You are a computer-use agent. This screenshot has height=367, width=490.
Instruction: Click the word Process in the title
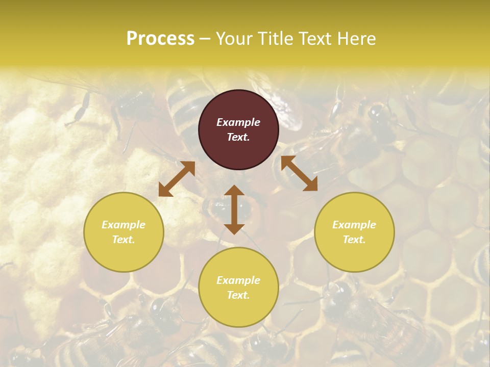(x=160, y=39)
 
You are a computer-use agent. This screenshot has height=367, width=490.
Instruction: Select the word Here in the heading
(x=355, y=39)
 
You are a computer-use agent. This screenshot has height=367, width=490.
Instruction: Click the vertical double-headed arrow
(x=234, y=210)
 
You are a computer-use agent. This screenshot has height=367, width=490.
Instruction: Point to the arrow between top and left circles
(x=177, y=179)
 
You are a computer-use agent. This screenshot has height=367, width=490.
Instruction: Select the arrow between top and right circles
(x=299, y=174)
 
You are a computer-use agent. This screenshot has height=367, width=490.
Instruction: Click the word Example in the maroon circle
(x=238, y=122)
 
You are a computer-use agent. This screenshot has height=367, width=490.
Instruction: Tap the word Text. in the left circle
(x=124, y=240)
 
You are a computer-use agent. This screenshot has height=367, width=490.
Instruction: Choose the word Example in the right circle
(x=354, y=225)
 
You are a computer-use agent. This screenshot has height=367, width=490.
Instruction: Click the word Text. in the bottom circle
(x=238, y=295)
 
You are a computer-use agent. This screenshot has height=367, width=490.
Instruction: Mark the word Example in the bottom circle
(x=238, y=280)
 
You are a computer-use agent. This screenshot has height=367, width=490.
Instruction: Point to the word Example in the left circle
(x=124, y=225)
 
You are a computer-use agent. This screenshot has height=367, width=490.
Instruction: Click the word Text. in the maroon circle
(x=238, y=137)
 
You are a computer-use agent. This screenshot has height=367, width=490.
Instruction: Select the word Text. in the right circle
(x=354, y=240)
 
